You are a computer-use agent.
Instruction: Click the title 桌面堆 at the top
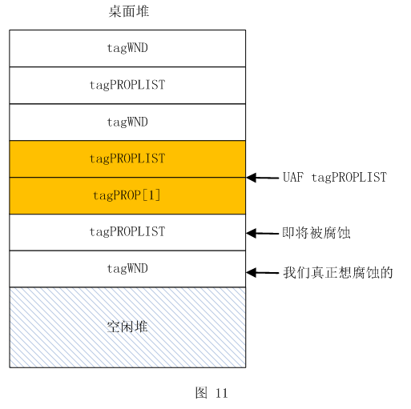129,11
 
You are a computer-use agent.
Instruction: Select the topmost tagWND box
127,48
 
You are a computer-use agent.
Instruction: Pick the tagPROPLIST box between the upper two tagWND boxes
127,85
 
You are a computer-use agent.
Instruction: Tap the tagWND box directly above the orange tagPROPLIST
127,122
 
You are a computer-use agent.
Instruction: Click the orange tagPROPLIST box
127,158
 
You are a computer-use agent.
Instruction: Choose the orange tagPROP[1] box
127,195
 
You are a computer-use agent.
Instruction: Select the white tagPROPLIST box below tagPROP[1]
127,232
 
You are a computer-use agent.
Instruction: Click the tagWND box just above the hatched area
127,269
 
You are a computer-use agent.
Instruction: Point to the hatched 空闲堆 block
127,327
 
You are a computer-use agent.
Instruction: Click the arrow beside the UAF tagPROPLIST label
263,178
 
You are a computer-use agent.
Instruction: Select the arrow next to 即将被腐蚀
263,234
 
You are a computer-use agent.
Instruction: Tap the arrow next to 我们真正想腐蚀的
263,273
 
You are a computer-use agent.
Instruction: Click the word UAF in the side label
293,177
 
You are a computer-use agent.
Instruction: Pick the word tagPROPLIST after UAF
349,177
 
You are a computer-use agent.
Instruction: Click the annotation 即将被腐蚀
316,233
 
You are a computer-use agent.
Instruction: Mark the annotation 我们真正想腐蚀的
338,273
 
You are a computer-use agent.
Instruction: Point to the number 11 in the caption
221,393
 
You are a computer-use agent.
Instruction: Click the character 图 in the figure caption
201,393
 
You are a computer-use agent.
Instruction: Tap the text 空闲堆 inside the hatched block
127,327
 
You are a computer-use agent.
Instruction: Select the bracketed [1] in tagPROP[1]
151,195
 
